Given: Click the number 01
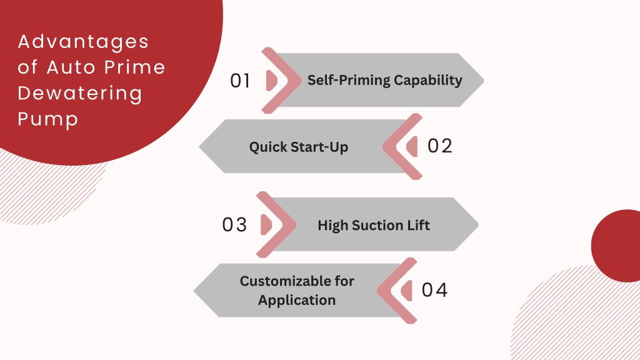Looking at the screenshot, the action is coord(240,81).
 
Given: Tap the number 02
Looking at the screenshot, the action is coord(439,146).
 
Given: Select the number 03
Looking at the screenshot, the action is coord(234,225).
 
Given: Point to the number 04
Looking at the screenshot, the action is coord(434,290).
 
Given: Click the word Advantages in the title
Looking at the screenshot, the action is coord(83,42).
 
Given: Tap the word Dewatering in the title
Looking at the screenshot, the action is coord(80,93).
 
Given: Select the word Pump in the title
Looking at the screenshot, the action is coord(47,119).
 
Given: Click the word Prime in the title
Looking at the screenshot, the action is coord(134,67).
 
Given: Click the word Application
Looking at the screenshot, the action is coord(297,301).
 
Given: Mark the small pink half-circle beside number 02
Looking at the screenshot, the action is coord(412,146).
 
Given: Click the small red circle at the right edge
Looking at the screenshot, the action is coord(616,246).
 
